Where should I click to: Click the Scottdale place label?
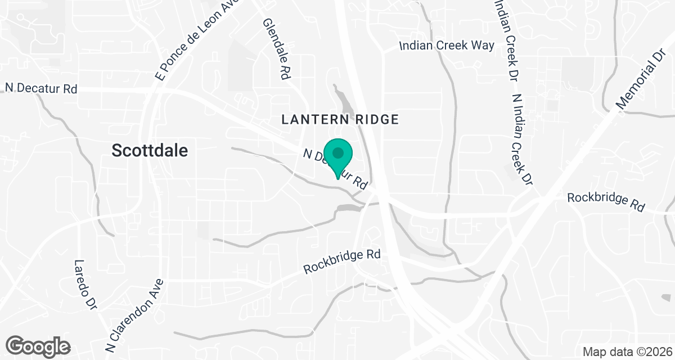[150, 151]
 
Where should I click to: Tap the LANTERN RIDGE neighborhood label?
[340, 119]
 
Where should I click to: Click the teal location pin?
[338, 157]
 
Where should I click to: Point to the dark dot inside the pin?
[338, 152]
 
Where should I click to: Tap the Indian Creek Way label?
[447, 46]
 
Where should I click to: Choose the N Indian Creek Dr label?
[521, 138]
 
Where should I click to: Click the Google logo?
[38, 345]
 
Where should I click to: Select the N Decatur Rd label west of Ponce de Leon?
[40, 88]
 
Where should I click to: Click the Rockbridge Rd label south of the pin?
[342, 262]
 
